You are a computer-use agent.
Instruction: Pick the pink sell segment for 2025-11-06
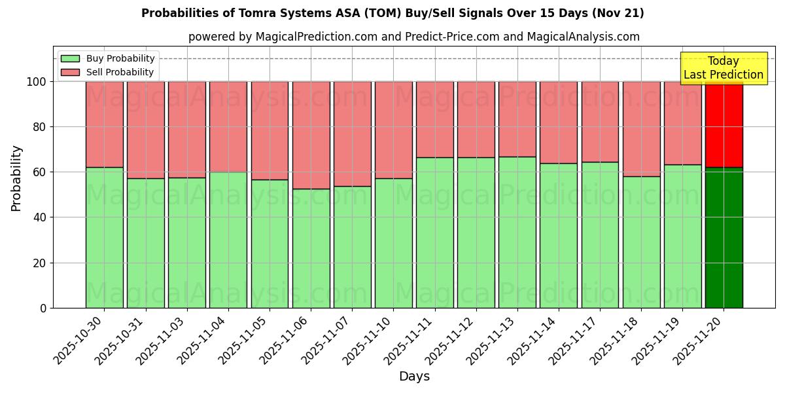click(311, 135)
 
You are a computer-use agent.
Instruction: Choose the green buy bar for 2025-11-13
click(517, 233)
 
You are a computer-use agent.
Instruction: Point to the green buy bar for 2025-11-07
click(352, 247)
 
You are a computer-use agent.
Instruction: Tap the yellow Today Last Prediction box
click(724, 68)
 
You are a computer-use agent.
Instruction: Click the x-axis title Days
click(414, 377)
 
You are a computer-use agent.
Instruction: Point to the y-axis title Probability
click(16, 178)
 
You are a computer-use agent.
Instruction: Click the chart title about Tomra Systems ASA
click(392, 13)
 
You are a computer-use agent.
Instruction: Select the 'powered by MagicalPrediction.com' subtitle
click(414, 37)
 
